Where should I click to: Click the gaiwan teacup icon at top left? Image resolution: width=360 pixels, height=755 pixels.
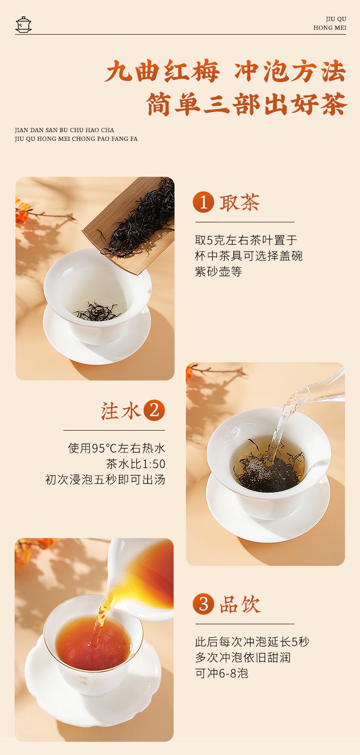coord(23,24)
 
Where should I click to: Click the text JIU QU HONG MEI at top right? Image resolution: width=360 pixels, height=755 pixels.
coord(329,23)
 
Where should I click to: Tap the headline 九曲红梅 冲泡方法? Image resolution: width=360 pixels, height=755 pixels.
coord(226,72)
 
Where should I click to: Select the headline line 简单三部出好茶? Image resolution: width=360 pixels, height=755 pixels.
coord(247,104)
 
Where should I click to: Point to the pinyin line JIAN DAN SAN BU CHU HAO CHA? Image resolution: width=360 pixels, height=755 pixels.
coord(64,130)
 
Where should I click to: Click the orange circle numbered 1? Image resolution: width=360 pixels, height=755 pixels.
coord(203,202)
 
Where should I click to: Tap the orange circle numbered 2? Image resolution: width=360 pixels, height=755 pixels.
coord(154,410)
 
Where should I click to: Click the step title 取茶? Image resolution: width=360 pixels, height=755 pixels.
coord(240,203)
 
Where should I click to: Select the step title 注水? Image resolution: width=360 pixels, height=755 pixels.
coord(120,411)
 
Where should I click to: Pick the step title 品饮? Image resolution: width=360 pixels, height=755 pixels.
coord(240,604)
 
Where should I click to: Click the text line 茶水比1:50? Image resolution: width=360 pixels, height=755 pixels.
coord(136,464)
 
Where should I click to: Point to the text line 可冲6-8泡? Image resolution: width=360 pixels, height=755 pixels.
coord(221,673)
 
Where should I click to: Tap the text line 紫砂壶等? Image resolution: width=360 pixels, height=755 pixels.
coord(218,271)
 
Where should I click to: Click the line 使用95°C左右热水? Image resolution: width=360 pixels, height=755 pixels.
coord(117,448)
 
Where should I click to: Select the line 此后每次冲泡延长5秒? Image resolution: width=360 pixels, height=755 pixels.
coord(252,642)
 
